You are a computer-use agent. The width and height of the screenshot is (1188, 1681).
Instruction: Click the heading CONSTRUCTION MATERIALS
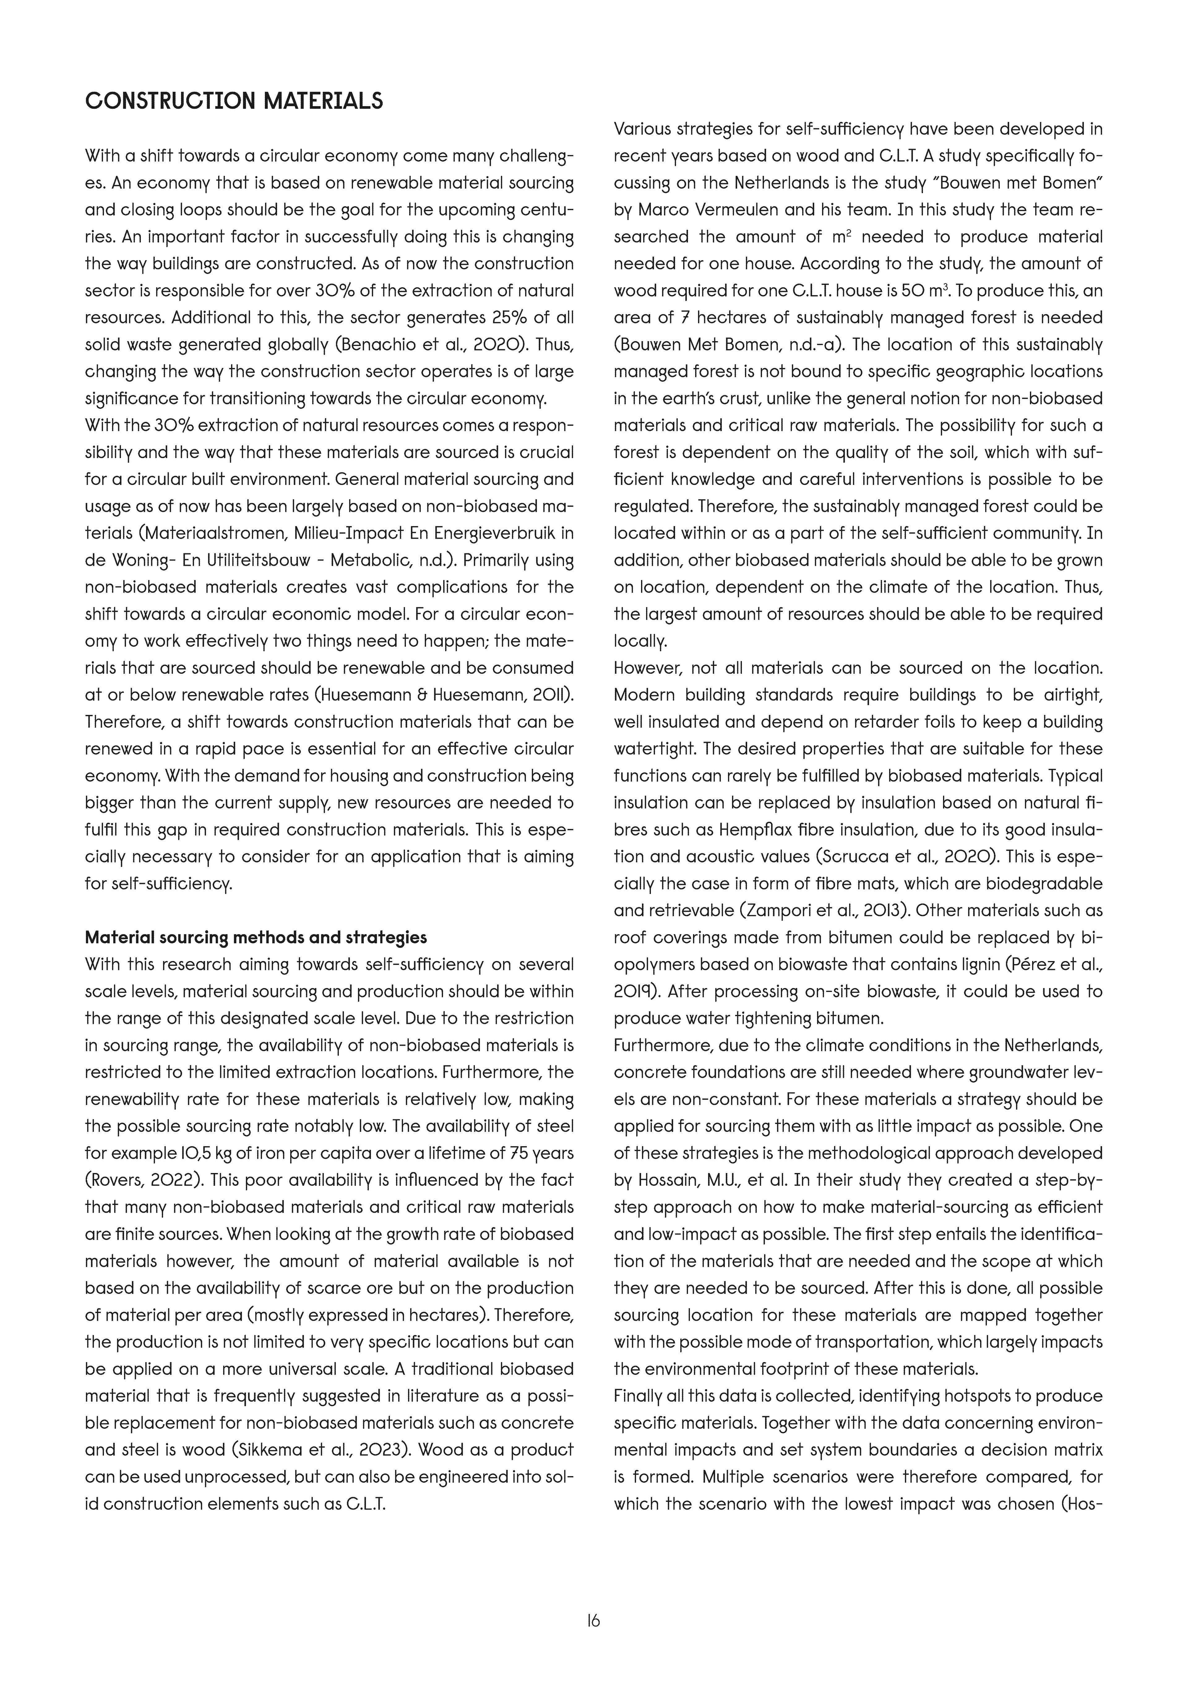pyautogui.click(x=234, y=101)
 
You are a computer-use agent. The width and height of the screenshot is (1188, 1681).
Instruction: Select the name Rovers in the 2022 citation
pyautogui.click(x=112, y=1180)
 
